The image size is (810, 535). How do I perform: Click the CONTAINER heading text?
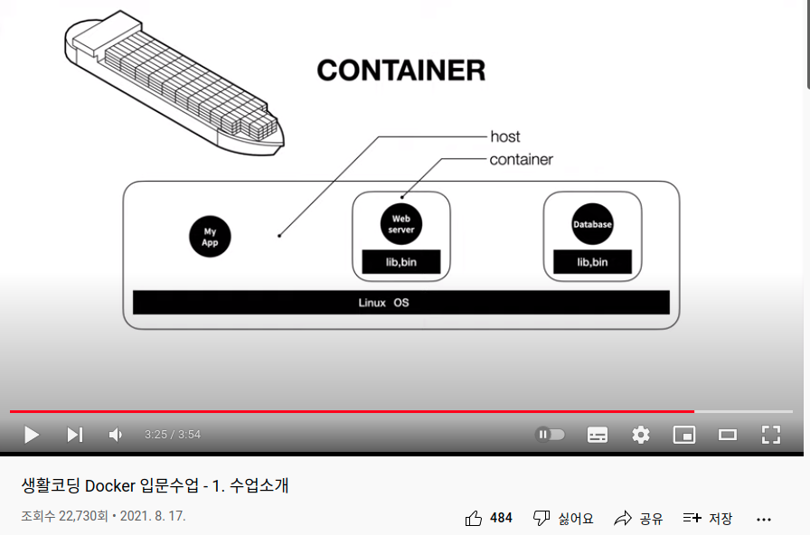400,70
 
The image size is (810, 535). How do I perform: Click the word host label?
505,136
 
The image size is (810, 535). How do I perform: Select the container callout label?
521,160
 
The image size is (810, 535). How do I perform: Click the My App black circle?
210,237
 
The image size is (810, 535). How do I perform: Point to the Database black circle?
592,224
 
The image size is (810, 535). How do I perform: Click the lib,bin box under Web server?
400,262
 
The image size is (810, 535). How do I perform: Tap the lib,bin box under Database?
592,262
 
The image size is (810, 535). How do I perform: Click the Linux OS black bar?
400,303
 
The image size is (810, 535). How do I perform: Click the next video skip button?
75,435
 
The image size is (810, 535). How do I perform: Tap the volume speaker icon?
116,435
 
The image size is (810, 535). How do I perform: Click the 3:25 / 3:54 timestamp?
173,435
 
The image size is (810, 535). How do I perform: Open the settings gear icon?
641,435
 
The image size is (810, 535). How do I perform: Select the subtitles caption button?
598,435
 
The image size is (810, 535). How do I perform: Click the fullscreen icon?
770,435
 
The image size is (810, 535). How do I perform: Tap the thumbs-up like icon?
474,518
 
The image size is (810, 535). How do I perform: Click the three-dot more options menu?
764,519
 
